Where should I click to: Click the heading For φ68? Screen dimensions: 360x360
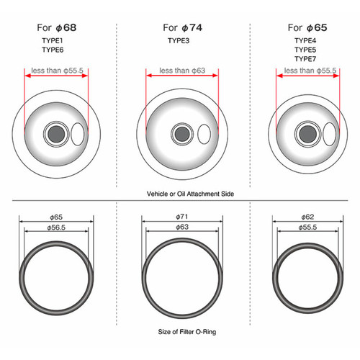click(x=57, y=28)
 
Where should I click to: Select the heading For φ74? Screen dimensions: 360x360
click(x=182, y=28)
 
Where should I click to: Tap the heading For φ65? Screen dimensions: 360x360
click(x=307, y=28)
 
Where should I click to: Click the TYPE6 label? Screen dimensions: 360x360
click(x=53, y=50)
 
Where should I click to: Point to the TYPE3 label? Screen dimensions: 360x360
click(x=179, y=40)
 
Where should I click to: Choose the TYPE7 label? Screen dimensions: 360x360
click(x=305, y=59)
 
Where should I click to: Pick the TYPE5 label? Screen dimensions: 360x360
click(x=305, y=50)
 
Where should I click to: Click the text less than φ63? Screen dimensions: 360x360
click(x=182, y=71)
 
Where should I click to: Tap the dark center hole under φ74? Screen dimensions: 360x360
click(x=182, y=134)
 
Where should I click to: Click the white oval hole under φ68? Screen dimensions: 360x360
click(x=78, y=134)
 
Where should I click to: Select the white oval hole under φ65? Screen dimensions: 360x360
click(x=330, y=134)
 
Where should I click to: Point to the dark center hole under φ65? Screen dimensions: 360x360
click(x=308, y=134)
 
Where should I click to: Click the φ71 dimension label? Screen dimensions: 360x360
click(x=182, y=217)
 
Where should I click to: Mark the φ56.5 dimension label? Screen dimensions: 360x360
click(x=56, y=228)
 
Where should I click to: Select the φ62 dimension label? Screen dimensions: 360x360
click(x=307, y=217)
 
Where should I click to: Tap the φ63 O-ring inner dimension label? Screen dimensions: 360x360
click(x=182, y=227)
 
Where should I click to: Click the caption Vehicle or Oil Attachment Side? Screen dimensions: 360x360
click(x=190, y=194)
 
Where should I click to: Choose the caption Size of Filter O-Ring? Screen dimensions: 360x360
click(x=187, y=332)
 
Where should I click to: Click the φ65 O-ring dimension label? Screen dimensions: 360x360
click(x=56, y=217)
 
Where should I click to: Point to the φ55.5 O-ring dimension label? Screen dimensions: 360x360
click(x=307, y=228)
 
